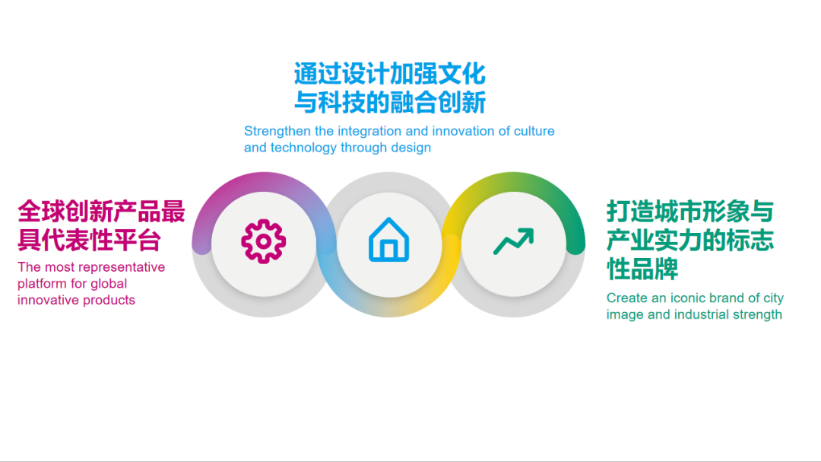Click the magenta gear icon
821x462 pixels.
(x=263, y=241)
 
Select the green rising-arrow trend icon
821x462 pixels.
(x=514, y=241)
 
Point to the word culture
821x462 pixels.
(x=534, y=131)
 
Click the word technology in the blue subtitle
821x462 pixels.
(x=303, y=148)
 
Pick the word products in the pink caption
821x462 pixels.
(x=112, y=300)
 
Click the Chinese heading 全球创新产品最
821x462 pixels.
(x=101, y=212)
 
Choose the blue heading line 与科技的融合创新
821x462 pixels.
(x=390, y=102)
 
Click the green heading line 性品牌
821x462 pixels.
(x=642, y=269)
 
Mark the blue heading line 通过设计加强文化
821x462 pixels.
(x=390, y=73)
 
